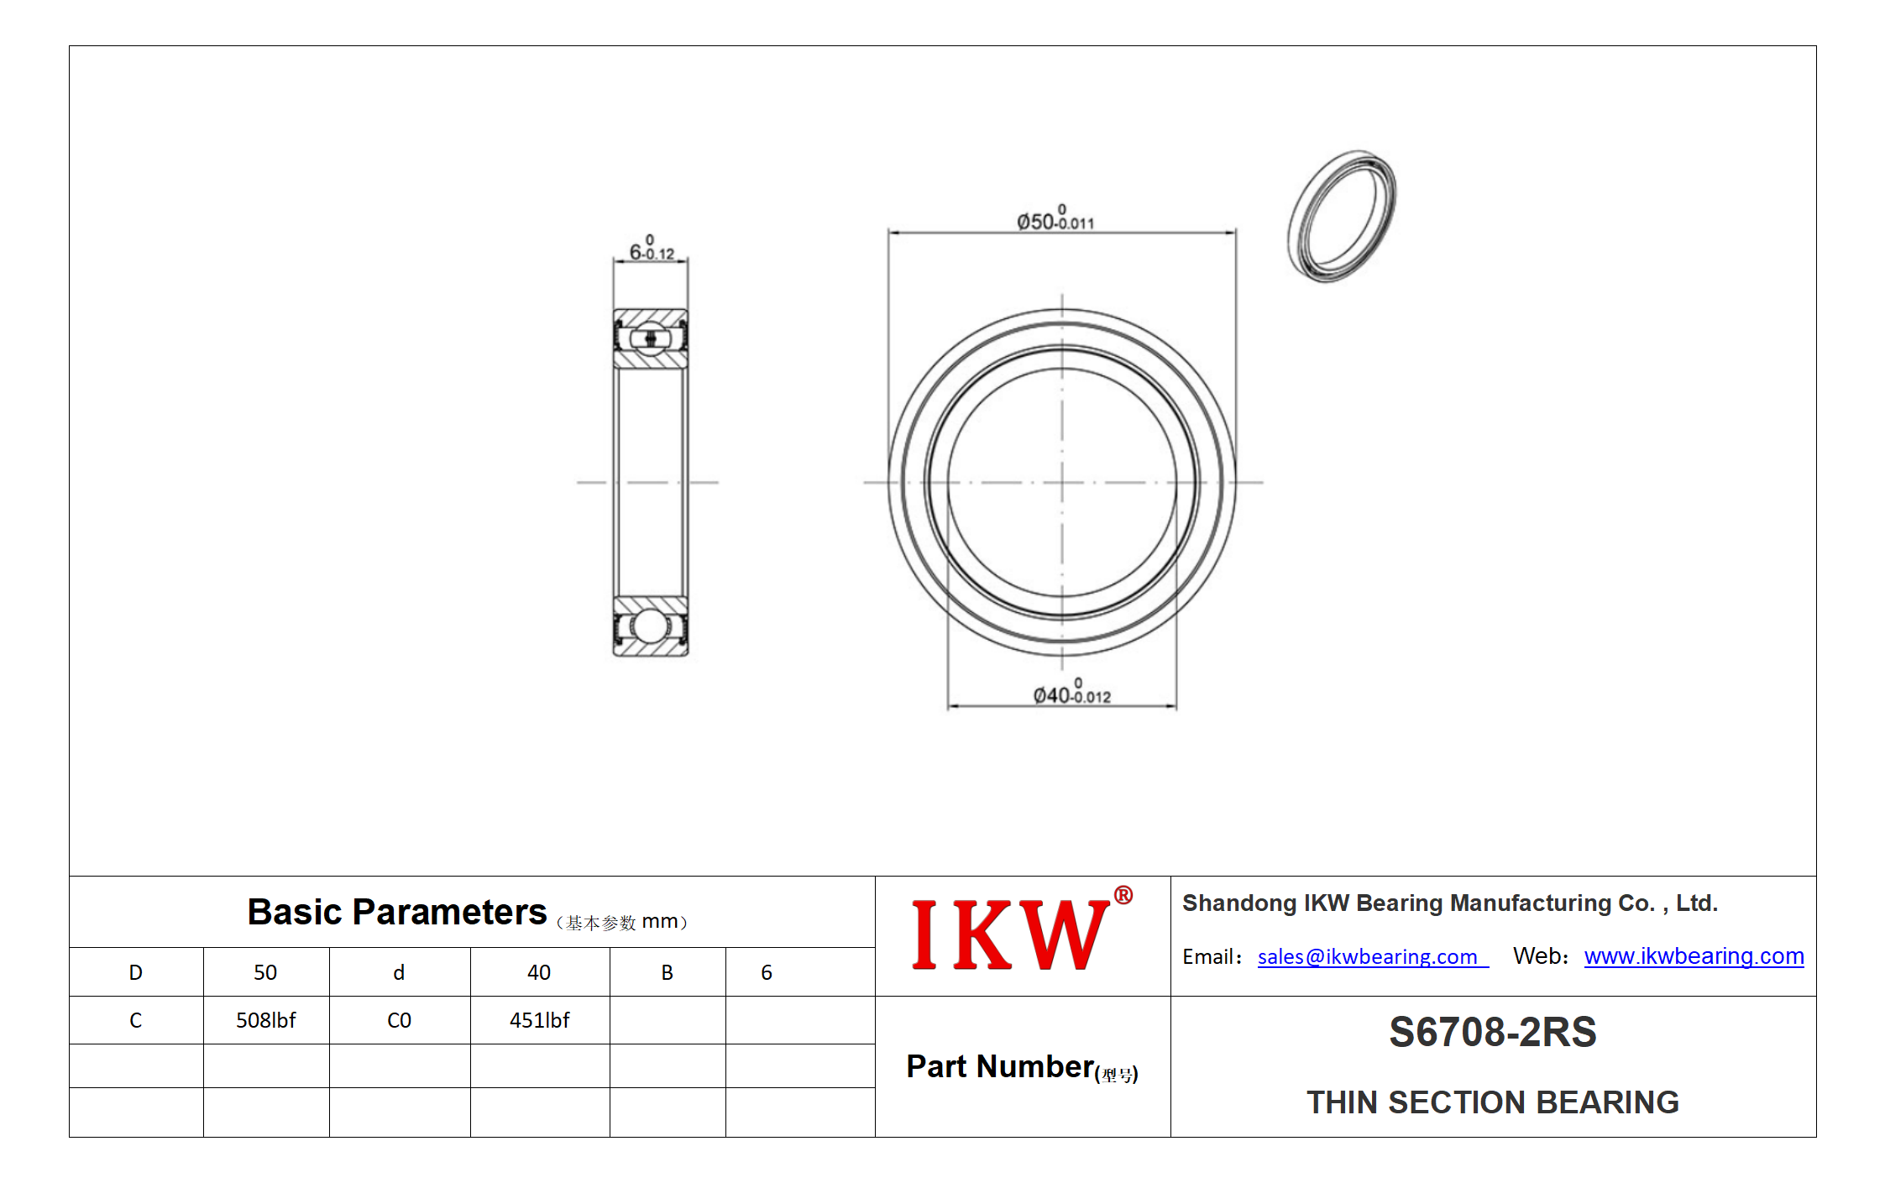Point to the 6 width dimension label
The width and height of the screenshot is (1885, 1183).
(x=652, y=248)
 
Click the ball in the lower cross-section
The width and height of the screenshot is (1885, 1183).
(x=649, y=626)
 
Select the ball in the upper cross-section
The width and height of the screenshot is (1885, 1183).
(x=650, y=338)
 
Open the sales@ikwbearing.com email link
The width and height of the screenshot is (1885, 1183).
(x=1372, y=956)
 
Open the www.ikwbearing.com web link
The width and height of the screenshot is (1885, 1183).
(x=1694, y=956)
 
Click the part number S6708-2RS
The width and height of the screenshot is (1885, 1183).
(x=1492, y=1032)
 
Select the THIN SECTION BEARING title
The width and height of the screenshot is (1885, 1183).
(x=1492, y=1102)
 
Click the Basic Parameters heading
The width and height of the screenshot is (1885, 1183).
(x=396, y=912)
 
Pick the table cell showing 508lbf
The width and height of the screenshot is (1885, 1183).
(x=266, y=1020)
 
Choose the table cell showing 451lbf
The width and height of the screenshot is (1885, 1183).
(x=540, y=1020)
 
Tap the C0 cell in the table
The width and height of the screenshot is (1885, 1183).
(x=400, y=1020)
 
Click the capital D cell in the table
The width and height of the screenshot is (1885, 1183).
(x=136, y=972)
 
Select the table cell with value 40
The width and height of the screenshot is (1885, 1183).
(x=540, y=972)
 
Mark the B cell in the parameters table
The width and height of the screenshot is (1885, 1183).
(x=668, y=972)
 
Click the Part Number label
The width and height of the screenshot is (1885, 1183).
(x=1022, y=1067)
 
